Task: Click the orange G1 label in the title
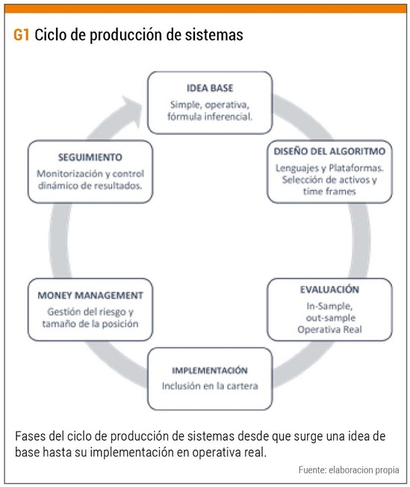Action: point(22,35)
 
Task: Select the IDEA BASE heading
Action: point(210,88)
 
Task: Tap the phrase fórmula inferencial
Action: point(210,117)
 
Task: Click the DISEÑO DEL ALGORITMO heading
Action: point(329,152)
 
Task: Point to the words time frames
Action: point(329,191)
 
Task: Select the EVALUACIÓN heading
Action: point(329,290)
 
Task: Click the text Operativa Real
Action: point(329,329)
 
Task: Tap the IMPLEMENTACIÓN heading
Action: point(210,370)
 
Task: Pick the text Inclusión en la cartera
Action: point(210,386)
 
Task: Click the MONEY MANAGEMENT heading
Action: point(90,295)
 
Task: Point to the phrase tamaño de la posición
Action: point(90,323)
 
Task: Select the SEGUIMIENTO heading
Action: point(90,157)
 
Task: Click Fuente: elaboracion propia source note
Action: point(349,470)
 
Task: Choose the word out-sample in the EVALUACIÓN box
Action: point(331,317)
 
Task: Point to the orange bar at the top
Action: point(205,9)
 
